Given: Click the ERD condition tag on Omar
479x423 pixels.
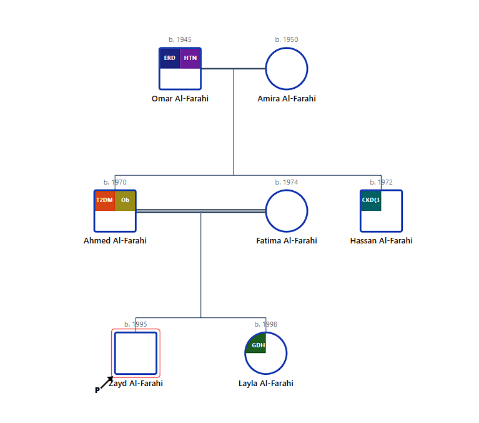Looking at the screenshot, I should click(170, 58).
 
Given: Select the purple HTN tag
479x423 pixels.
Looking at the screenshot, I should click(190, 58).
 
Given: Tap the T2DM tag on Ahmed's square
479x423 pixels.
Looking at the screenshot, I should click(104, 200).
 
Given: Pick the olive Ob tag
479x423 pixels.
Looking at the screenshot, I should click(125, 200).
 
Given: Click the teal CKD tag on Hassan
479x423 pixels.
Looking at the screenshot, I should click(371, 200).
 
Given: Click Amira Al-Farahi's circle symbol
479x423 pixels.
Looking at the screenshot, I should click(287, 69).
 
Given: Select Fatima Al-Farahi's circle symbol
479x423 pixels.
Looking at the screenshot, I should click(287, 211).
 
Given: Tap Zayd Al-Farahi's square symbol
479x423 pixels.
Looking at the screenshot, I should click(136, 354).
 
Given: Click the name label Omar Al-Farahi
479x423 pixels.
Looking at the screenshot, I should click(180, 99).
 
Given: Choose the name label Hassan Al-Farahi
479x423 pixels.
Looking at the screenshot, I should click(381, 241).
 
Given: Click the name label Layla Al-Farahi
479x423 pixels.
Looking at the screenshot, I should click(266, 384).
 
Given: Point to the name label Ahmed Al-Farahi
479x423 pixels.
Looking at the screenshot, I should click(115, 241).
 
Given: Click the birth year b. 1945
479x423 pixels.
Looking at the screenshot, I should click(180, 39).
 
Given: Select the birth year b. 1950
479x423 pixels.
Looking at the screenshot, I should click(287, 39).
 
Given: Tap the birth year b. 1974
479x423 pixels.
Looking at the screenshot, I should click(287, 182).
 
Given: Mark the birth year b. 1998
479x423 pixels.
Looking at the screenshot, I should click(266, 324).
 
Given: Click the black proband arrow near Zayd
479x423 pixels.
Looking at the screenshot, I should click(107, 382).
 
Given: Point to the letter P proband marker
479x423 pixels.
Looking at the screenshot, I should click(97, 390).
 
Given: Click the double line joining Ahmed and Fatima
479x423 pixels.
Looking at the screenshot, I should click(200, 211).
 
